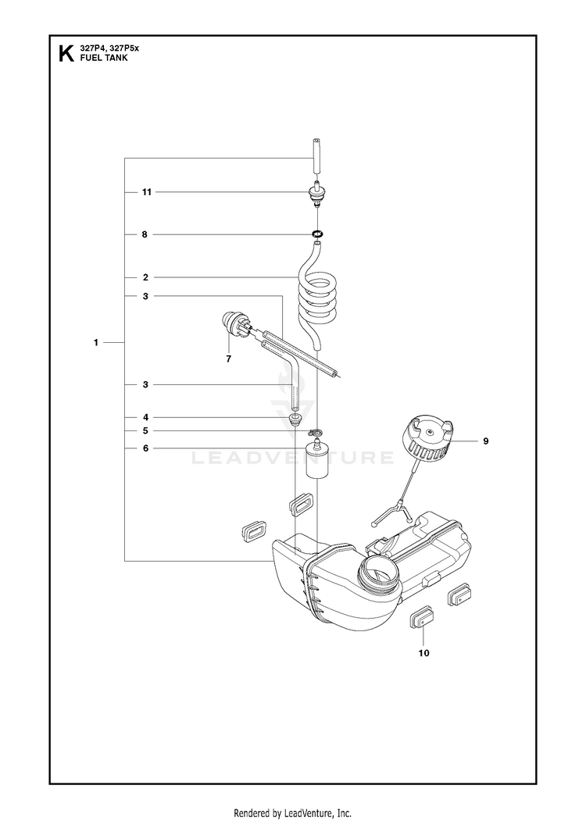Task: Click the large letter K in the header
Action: pos(66,54)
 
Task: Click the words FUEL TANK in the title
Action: pos(104,58)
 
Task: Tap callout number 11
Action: pos(147,192)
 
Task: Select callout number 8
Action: pos(145,234)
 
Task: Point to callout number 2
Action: pos(145,277)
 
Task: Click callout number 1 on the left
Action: pos(96,343)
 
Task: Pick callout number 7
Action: pos(228,359)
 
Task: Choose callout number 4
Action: pos(145,417)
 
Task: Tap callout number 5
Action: pos(145,431)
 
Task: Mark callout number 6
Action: pos(145,448)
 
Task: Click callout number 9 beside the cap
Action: pos(485,441)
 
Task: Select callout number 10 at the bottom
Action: pos(423,653)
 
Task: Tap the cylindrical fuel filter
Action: pos(316,459)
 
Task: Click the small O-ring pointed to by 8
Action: pos(316,234)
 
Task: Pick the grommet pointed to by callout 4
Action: pos(296,419)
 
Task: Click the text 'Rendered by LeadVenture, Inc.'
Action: pos(292,813)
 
